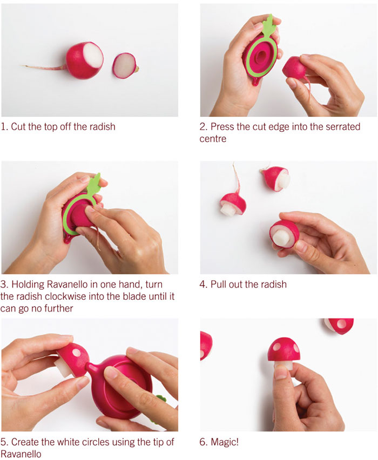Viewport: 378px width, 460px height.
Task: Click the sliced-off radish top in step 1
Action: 125,65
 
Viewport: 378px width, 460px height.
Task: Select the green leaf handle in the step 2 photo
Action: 268,26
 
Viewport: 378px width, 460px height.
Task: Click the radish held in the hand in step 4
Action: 285,233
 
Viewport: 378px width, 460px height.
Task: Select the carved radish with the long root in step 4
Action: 233,202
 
